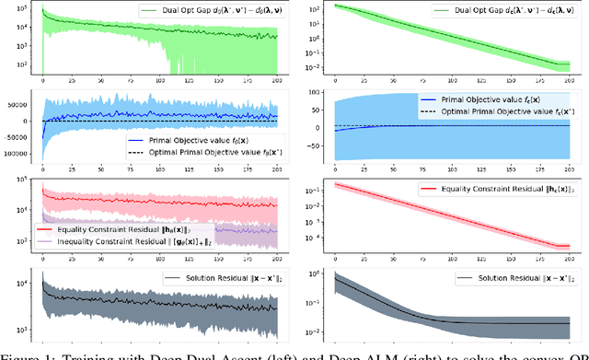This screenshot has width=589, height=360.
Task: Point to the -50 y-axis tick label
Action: [315, 144]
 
